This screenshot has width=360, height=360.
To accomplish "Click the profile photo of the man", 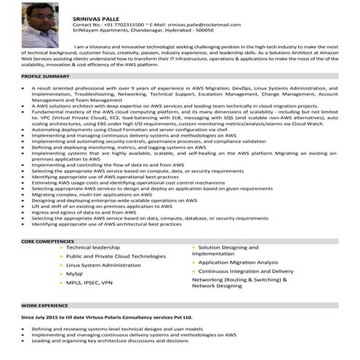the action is [x=41, y=24].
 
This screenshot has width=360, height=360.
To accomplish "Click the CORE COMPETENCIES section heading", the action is [x=49, y=240].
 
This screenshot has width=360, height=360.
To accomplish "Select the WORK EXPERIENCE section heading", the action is [x=44, y=306].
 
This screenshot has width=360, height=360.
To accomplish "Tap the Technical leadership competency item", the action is [x=92, y=248].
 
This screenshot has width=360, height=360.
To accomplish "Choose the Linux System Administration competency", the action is [x=103, y=265].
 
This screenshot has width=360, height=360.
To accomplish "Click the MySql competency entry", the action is [x=75, y=273].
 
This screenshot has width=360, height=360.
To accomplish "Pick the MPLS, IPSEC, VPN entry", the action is [x=89, y=282].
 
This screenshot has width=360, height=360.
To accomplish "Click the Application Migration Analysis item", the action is [x=238, y=262].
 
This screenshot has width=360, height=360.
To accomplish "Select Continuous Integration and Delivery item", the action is [x=246, y=271].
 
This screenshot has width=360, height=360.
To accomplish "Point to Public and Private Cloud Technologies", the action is [x=116, y=256].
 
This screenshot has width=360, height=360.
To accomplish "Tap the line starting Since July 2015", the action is [x=107, y=318].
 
